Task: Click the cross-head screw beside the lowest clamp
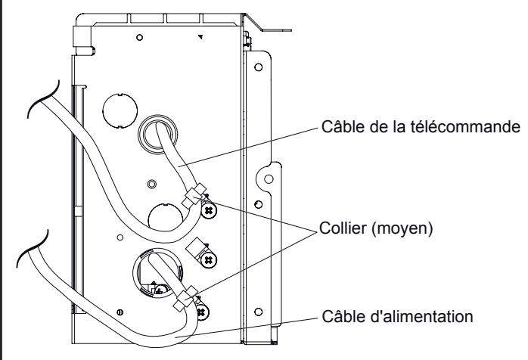200,309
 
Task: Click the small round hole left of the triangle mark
139,36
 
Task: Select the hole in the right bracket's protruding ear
266,179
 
